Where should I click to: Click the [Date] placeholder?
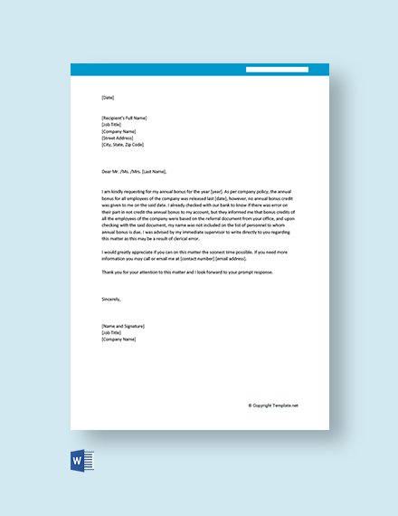[109, 97]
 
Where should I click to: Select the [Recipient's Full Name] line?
[124, 118]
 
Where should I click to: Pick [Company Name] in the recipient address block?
[118, 131]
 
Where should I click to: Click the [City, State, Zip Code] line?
[123, 145]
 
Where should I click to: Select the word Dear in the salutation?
[107, 170]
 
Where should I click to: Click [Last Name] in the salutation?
[155, 170]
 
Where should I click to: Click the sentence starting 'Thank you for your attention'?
[182, 272]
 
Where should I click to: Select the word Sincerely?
[110, 298]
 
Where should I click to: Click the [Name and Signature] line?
[123, 325]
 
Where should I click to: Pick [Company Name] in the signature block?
[118, 339]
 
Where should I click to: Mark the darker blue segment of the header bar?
[288, 69]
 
